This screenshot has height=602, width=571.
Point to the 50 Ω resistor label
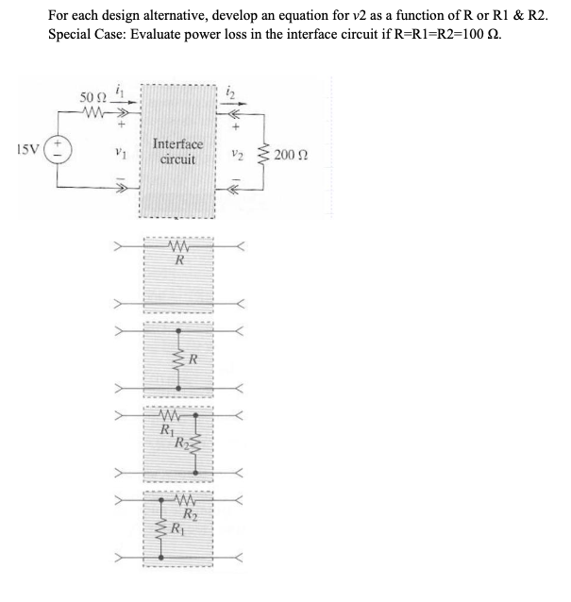[92, 97]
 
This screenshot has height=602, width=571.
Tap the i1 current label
[119, 91]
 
